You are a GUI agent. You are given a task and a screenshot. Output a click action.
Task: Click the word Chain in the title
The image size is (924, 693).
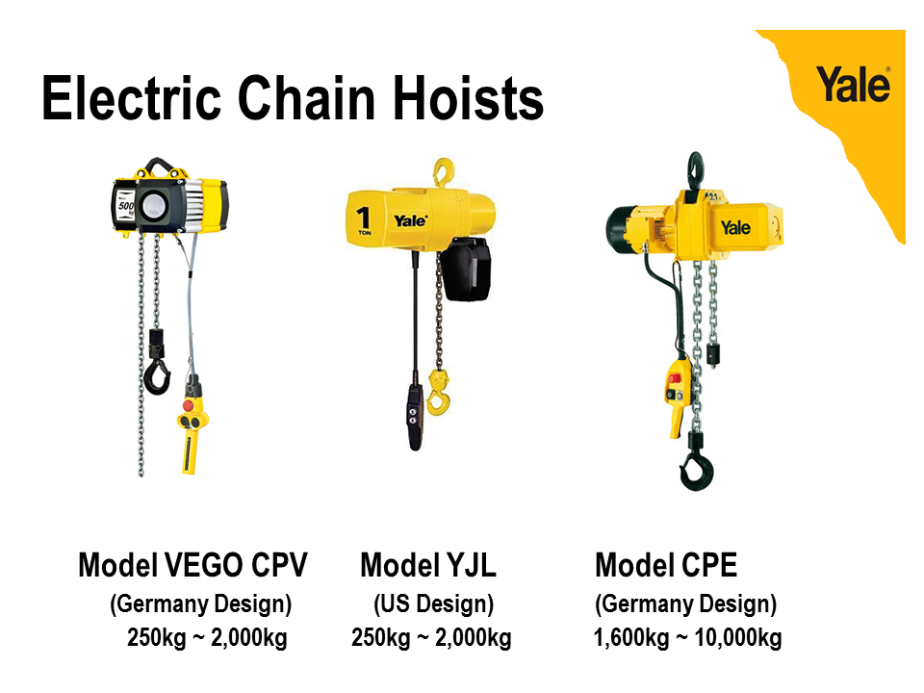point(306,98)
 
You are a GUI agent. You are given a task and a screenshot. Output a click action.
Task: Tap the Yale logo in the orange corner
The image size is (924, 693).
point(853,85)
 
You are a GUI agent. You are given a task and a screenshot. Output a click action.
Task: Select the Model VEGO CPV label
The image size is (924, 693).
point(192,565)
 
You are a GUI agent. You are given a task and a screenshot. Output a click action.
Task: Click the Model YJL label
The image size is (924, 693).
point(428,565)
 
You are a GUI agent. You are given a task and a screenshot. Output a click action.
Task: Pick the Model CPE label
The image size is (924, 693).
point(666,565)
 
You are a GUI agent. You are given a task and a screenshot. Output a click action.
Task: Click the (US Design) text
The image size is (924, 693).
point(434,604)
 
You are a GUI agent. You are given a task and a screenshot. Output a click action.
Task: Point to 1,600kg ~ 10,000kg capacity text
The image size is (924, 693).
point(687,637)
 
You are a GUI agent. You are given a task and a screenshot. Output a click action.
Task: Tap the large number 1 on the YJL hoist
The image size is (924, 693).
point(364,218)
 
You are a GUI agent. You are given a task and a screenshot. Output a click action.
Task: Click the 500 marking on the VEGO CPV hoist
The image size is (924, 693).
point(125,206)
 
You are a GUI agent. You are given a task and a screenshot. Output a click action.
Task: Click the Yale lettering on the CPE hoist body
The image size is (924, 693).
point(735,227)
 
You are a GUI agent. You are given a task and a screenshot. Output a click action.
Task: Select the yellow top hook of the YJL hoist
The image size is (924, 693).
point(443,172)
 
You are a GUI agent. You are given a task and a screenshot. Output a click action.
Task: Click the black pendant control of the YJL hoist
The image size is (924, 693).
point(415,417)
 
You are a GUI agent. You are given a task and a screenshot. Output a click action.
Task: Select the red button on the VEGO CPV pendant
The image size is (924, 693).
point(188,406)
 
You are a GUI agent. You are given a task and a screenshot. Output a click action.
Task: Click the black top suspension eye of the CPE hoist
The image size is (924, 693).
point(695,171)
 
